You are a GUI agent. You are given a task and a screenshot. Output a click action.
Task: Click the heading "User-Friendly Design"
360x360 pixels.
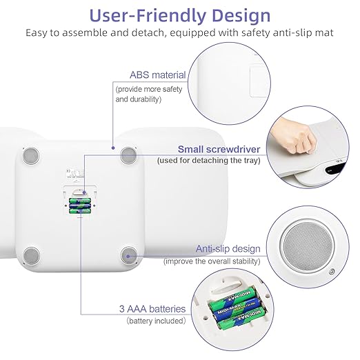(180, 16)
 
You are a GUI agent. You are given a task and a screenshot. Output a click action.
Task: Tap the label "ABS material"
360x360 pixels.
(158, 75)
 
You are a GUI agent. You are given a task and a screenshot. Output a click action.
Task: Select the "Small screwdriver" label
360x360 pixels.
(219, 149)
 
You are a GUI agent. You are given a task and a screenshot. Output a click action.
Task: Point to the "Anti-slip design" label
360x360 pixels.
(228, 249)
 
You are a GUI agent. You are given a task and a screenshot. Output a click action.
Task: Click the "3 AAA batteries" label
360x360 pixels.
(152, 309)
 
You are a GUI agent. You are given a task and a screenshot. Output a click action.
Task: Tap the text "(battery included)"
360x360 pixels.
(156, 321)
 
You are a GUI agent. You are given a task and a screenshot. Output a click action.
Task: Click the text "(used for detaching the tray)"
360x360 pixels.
(209, 160)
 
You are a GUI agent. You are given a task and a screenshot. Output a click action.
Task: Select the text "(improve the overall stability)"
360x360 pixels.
(212, 261)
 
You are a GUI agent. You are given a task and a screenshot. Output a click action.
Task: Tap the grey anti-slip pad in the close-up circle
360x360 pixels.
(308, 246)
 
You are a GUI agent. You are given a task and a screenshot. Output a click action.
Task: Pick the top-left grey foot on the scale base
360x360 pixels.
(31, 156)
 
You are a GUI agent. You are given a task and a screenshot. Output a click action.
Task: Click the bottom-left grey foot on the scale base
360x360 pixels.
(32, 256)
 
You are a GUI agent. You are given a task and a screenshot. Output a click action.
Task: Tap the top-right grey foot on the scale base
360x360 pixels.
(129, 155)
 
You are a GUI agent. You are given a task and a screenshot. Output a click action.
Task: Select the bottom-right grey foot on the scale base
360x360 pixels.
(129, 255)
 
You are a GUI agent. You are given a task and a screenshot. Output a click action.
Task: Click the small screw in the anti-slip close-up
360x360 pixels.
(331, 272)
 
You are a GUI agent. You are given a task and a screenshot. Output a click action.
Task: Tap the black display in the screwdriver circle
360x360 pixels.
(335, 169)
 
